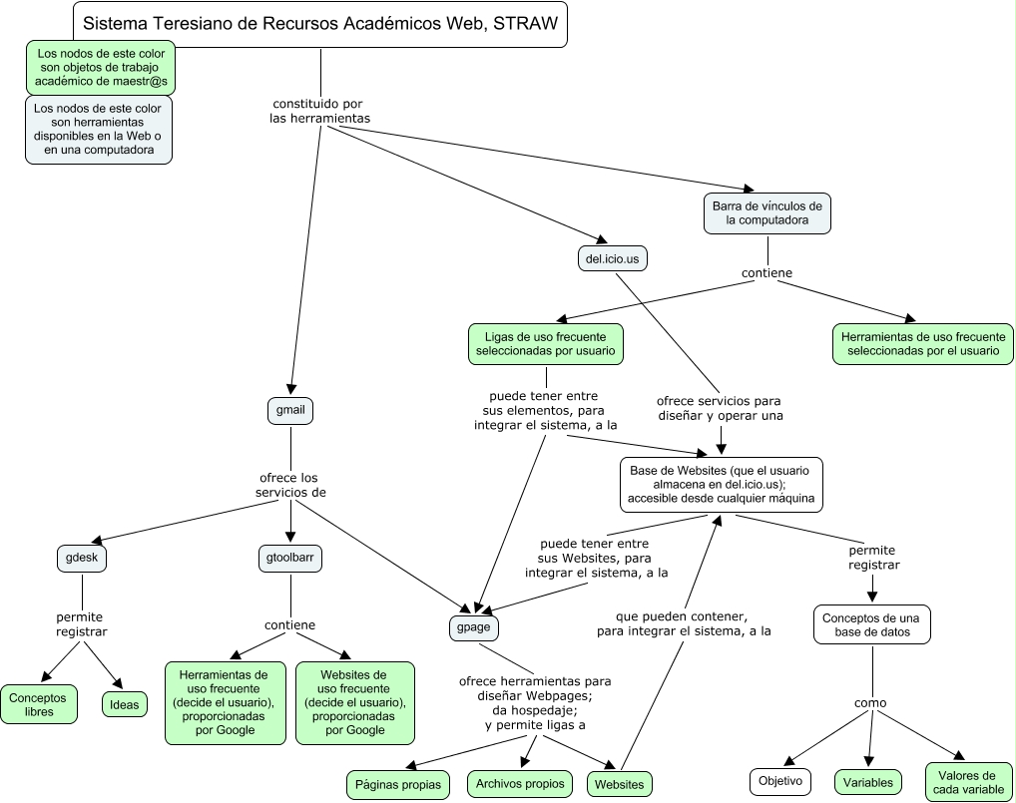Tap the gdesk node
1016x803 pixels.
pyautogui.click(x=82, y=559)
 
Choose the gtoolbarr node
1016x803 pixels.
pyautogui.click(x=290, y=559)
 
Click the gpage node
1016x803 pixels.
pyautogui.click(x=473, y=627)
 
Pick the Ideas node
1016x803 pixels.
pyautogui.click(x=125, y=704)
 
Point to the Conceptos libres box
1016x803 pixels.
pyautogui.click(x=39, y=704)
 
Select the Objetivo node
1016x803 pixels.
pyautogui.click(x=780, y=781)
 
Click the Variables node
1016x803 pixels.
pyautogui.click(x=867, y=781)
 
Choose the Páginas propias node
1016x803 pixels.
pyautogui.click(x=397, y=785)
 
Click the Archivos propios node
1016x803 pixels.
pyautogui.click(x=520, y=783)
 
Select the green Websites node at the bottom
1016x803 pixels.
pyautogui.click(x=619, y=785)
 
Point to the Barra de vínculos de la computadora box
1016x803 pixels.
pyautogui.click(x=766, y=212)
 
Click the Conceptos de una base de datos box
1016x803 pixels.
pyautogui.click(x=872, y=624)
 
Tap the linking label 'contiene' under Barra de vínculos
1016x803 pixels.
pyautogui.click(x=766, y=272)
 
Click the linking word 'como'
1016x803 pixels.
pyautogui.click(x=870, y=703)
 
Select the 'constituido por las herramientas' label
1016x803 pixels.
pyautogui.click(x=319, y=110)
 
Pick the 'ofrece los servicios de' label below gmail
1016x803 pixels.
pyautogui.click(x=290, y=485)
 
